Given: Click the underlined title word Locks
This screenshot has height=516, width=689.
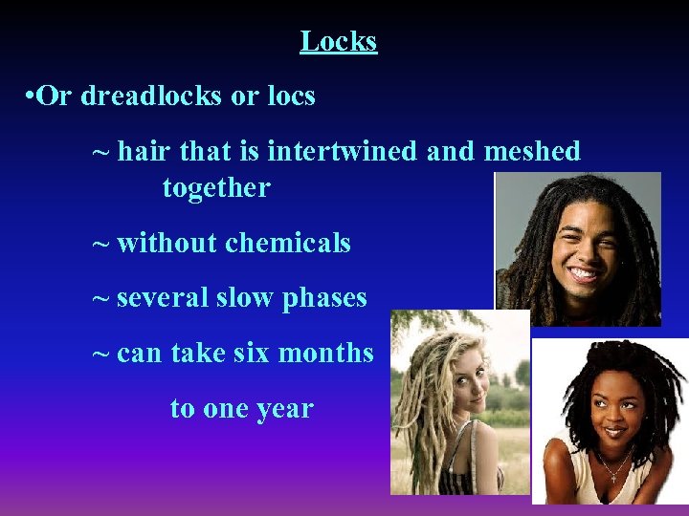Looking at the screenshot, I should click(x=339, y=41).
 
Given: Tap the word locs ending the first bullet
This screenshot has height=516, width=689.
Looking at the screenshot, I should click(x=293, y=97).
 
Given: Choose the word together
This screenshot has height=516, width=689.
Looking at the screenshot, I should click(x=216, y=187).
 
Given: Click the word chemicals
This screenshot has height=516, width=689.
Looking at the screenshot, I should click(x=288, y=243).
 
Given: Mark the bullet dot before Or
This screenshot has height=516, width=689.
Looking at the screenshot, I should click(x=33, y=97).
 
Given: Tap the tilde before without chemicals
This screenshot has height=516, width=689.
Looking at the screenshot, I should click(x=100, y=243).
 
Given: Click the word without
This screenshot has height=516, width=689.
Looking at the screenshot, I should click(x=167, y=243).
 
